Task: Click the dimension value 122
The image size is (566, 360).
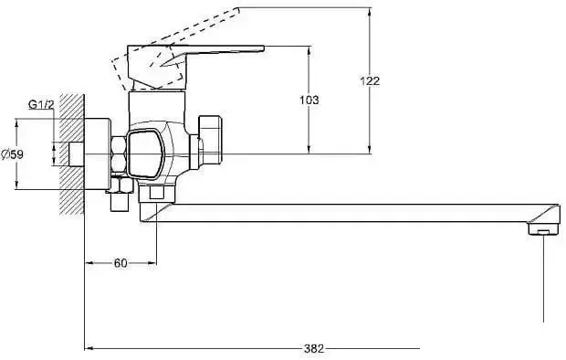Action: coord(370,80)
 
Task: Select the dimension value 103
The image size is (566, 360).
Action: coord(309,100)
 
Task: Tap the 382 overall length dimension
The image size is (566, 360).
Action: coord(314,349)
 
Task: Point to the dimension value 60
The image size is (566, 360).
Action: coord(121,263)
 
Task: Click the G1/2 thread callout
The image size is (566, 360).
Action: coord(41,105)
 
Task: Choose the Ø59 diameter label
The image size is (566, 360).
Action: coord(12,154)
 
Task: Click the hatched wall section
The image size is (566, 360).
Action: coord(72,154)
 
